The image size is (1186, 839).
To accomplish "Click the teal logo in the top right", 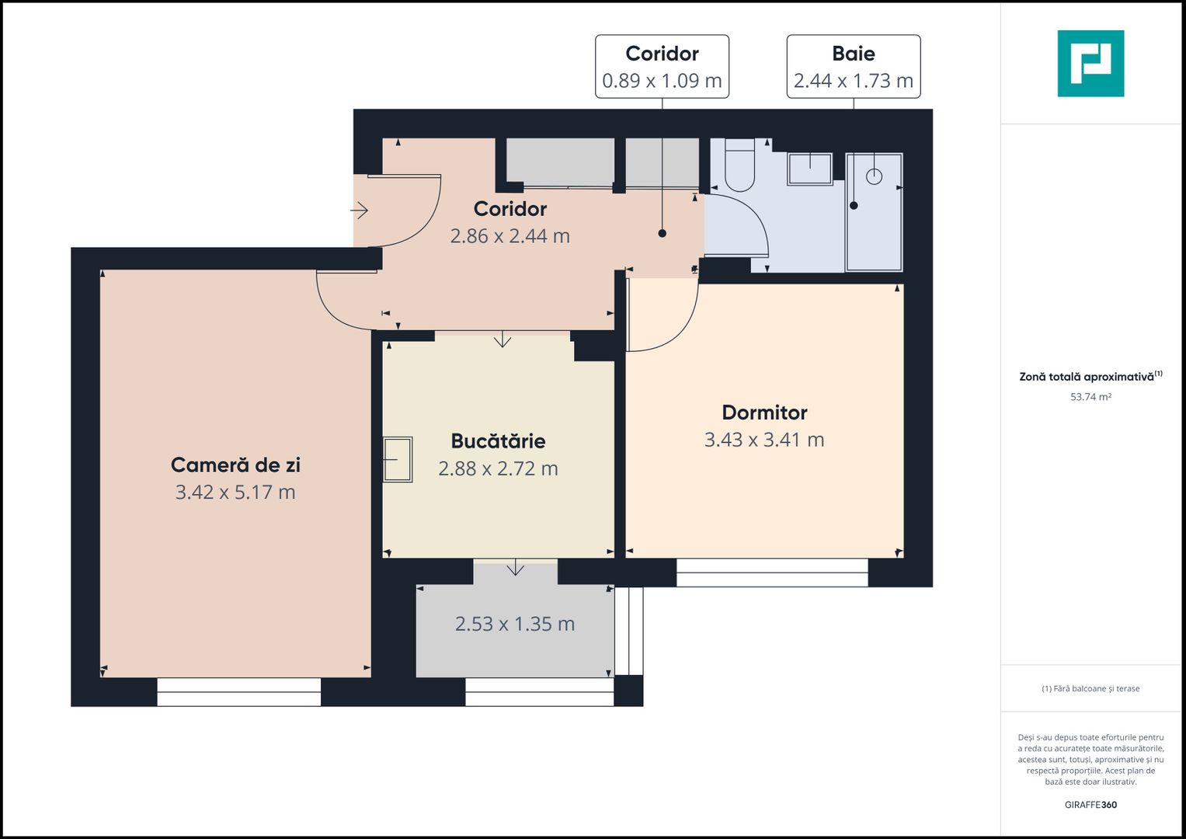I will (x=1090, y=64).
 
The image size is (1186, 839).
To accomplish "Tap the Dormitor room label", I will (x=764, y=413).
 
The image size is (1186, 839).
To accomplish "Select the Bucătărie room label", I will (x=498, y=441).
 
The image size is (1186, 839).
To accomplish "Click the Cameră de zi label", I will (x=235, y=465).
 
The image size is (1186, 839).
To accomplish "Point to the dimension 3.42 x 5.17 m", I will (x=235, y=493).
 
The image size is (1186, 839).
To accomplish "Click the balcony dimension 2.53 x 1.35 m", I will (x=514, y=625).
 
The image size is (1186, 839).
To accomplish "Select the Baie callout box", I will (x=853, y=67).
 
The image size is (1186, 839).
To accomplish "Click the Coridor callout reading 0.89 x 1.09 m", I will (x=662, y=67).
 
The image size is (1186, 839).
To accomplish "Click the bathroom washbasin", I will (x=809, y=169).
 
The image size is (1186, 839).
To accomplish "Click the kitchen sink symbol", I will (x=397, y=460).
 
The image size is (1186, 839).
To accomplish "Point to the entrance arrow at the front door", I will (x=359, y=210).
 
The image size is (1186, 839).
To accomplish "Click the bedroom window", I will (x=771, y=573).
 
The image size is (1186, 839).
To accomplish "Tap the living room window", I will (x=238, y=692).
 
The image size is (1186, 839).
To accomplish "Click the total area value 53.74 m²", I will (x=1090, y=397).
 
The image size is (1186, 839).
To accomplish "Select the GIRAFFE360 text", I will (x=1090, y=805).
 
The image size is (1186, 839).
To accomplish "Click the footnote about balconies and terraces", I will (x=1090, y=688).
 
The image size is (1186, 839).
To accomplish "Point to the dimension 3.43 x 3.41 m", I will (x=764, y=440).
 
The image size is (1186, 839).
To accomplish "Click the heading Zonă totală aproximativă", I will (x=1087, y=377).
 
